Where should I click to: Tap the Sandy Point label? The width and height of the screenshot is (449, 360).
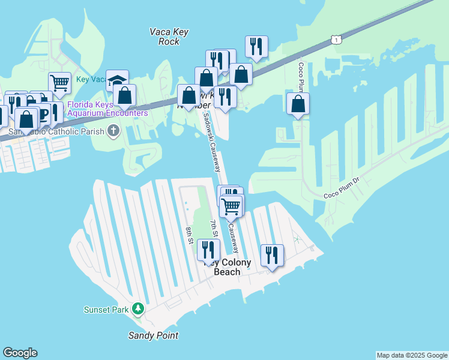[x=154, y=335]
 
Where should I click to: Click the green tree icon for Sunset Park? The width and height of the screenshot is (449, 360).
[x=139, y=309]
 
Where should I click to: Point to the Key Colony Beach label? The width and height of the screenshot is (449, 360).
[x=228, y=267]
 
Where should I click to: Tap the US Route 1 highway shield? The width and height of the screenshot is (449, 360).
[x=338, y=40]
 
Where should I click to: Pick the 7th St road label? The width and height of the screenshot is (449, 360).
[x=214, y=228]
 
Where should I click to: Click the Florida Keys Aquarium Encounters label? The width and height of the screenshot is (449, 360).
[x=107, y=109]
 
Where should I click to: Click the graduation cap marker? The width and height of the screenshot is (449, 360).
[x=117, y=80]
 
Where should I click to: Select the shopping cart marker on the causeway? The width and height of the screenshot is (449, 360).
[x=231, y=206]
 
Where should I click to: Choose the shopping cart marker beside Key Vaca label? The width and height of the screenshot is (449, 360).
[x=59, y=83]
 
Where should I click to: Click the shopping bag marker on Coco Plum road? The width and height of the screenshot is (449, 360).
[x=298, y=103]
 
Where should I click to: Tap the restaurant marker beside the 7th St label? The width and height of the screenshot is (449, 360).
[x=208, y=249]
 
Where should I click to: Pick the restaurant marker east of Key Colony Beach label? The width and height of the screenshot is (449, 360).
[x=272, y=255]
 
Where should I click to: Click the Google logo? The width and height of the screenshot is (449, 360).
[x=20, y=353]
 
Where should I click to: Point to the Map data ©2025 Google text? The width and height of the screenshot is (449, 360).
[x=412, y=355]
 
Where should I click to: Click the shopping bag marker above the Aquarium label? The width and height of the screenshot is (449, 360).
[x=124, y=95]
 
